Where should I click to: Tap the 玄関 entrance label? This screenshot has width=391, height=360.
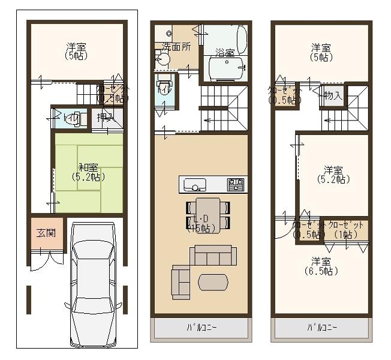pyautogui.click(x=40, y=232)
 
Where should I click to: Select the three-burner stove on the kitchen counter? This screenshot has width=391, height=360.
pyautogui.click(x=236, y=183)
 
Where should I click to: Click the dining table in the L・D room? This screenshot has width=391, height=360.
pyautogui.click(x=207, y=214)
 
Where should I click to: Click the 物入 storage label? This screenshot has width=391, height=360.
pyautogui.click(x=332, y=95)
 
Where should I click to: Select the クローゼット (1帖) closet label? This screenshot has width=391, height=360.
pyautogui.click(x=346, y=229)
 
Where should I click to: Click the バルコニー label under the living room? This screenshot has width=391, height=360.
pyautogui.click(x=200, y=328)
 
